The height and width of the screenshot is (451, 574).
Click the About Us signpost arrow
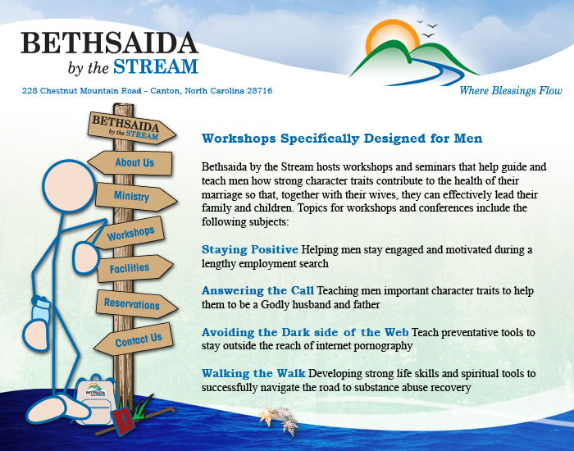130,162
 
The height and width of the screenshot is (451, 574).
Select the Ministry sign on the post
135,197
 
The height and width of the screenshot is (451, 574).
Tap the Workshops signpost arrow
128,234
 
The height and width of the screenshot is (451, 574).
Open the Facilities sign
134,268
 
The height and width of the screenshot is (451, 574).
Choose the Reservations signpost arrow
136,304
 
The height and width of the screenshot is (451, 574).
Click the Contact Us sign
134,339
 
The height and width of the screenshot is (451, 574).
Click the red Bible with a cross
123,421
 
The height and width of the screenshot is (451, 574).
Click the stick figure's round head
69,185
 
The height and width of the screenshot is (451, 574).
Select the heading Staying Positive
250,249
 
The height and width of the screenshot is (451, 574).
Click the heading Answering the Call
257,290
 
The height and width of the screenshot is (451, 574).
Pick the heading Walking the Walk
253,373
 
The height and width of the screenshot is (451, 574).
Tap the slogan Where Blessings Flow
511,90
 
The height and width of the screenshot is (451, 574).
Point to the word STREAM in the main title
156,66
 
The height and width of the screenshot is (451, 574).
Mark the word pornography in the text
383,346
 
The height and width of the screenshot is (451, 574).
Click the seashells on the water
279,418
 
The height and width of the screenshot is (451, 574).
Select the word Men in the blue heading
468,139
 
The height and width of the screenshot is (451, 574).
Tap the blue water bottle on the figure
40,309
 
